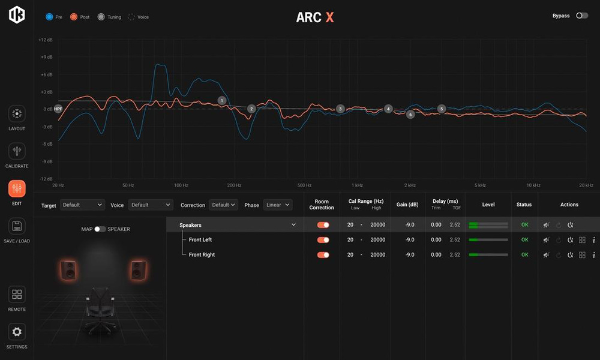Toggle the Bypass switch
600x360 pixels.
click(x=582, y=16)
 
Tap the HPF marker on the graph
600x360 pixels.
click(x=58, y=109)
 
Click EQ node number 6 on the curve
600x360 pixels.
click(x=410, y=114)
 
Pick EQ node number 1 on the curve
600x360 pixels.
click(x=221, y=101)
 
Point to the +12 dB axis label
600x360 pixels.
click(x=46, y=40)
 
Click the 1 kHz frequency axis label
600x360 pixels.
click(x=357, y=185)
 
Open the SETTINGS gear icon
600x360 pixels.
click(x=17, y=332)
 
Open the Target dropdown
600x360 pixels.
click(x=82, y=205)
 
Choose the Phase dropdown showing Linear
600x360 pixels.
click(x=278, y=205)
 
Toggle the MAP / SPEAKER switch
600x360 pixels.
click(x=100, y=229)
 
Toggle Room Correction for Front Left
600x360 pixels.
click(x=323, y=240)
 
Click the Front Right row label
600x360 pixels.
click(x=202, y=255)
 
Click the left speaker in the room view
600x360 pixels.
click(x=69, y=270)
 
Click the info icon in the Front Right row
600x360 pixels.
click(x=593, y=255)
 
